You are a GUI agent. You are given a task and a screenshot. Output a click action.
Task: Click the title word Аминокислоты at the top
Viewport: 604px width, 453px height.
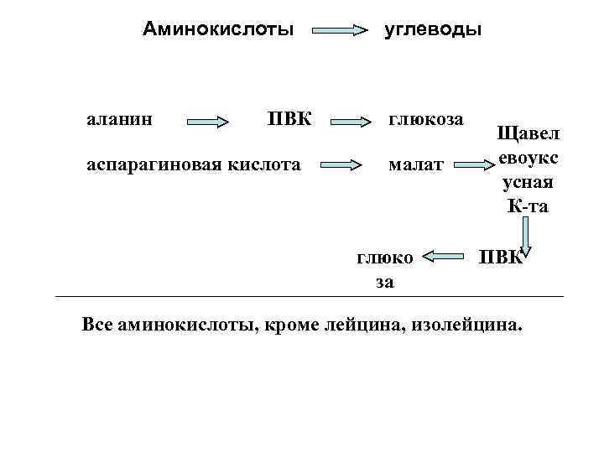pyautogui.click(x=218, y=29)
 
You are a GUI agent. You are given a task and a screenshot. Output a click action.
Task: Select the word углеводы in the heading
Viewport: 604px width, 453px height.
pyautogui.click(x=433, y=31)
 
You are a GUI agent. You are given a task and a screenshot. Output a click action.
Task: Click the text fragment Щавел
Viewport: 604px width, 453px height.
pyautogui.click(x=531, y=134)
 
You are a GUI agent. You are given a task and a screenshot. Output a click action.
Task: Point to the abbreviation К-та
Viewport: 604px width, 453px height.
pyautogui.click(x=527, y=206)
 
